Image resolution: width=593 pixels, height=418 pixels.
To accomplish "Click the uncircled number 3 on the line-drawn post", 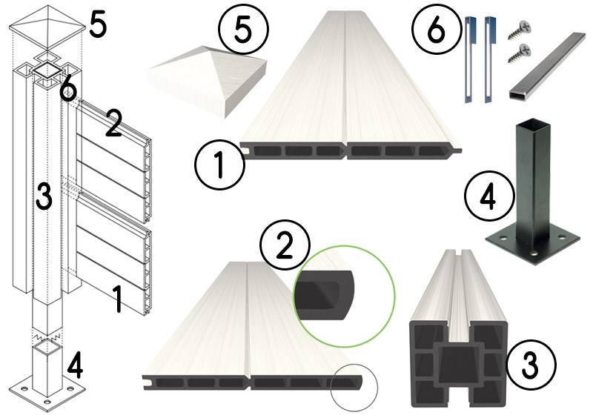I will point(45,196).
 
